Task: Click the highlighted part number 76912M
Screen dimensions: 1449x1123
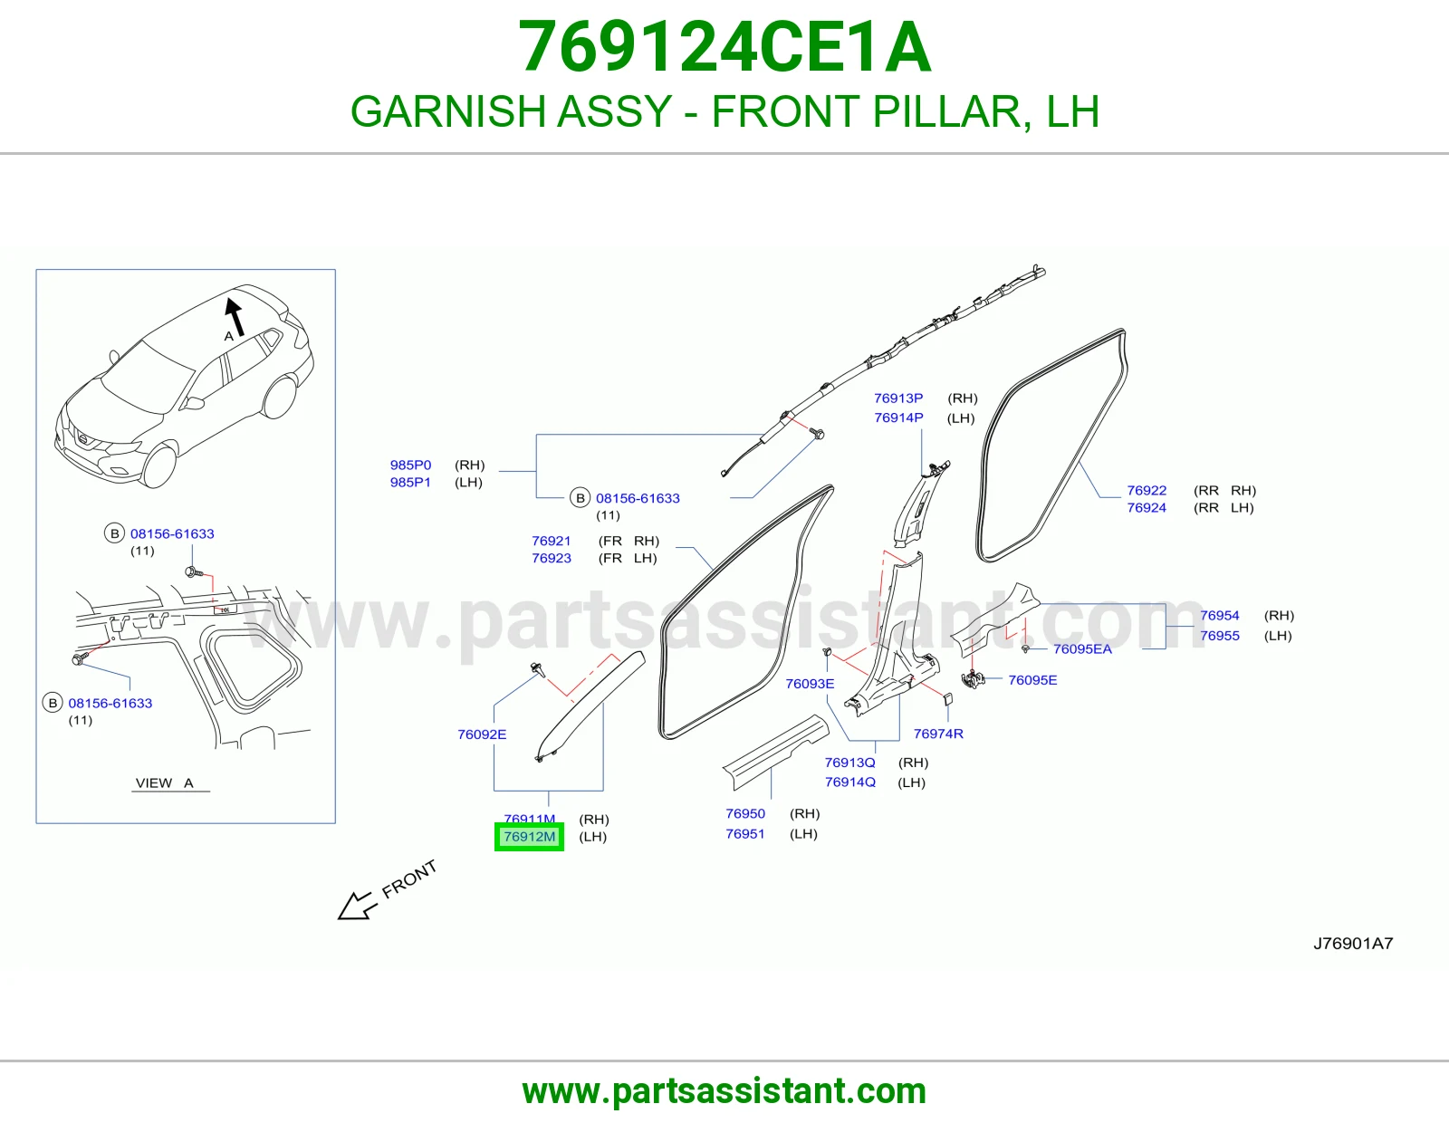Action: pos(530,836)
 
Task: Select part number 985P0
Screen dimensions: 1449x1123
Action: pos(411,465)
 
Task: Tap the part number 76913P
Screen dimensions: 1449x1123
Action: pos(898,398)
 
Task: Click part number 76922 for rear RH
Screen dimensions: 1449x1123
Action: pos(1147,490)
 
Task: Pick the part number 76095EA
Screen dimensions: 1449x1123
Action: pos(1082,648)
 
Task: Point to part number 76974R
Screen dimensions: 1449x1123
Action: pos(938,734)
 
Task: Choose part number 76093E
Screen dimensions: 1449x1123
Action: pos(810,684)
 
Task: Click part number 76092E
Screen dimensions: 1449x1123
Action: pos(482,734)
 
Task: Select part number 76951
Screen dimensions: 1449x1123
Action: pos(744,833)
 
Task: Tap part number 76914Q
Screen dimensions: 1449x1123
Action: pos(850,782)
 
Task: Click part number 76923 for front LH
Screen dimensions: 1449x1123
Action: pos(552,558)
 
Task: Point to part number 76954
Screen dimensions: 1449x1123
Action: pos(1220,616)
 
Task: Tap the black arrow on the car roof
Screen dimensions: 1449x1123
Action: pos(234,316)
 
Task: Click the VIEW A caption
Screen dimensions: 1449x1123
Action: pos(165,782)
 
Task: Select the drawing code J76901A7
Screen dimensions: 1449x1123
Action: pos(1353,944)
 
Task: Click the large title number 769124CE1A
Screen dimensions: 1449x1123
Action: pos(724,47)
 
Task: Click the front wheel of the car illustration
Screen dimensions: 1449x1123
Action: pos(158,464)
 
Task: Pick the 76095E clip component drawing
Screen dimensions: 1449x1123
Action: pos(973,679)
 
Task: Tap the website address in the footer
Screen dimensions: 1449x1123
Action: pos(724,1091)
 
